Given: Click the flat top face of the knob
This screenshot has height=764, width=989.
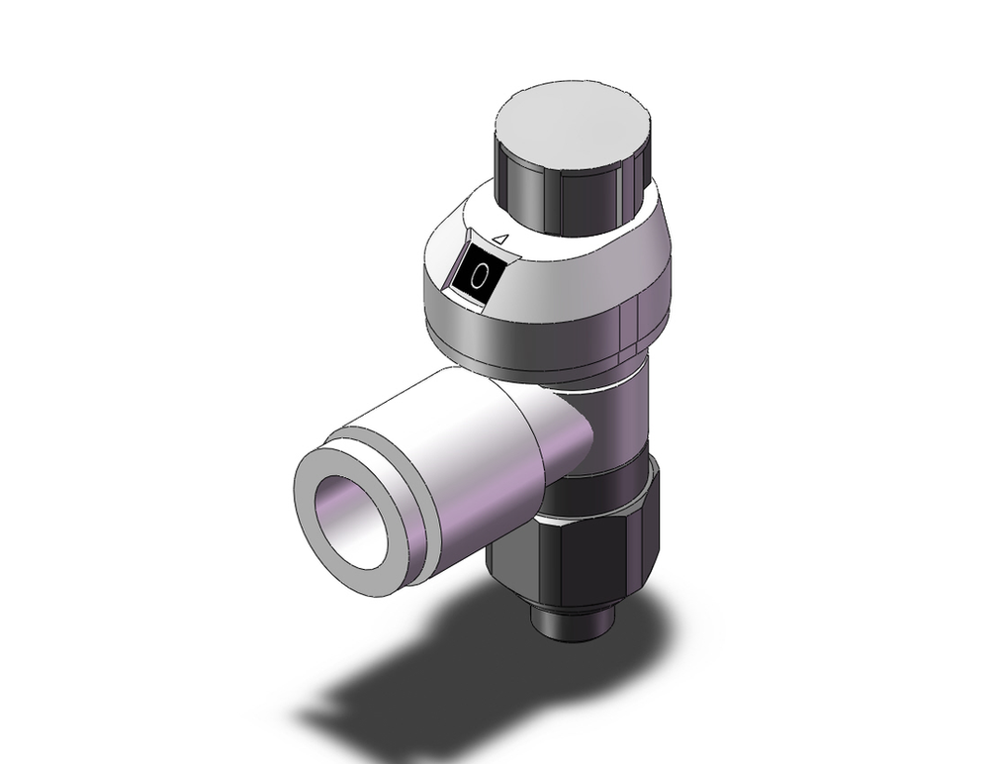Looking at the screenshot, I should click(575, 123).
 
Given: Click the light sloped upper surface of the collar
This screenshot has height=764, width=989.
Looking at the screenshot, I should click(584, 238).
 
